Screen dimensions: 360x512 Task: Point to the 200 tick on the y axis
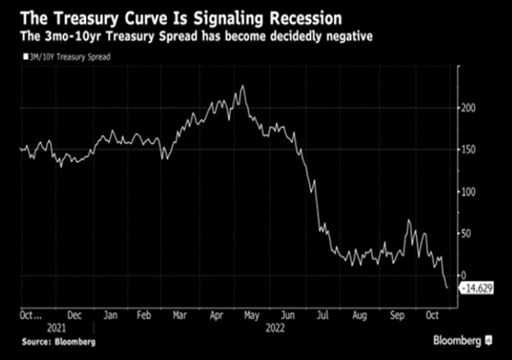[469, 107]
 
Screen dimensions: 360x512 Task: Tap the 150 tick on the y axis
[469, 149]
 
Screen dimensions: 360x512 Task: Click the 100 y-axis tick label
[469, 192]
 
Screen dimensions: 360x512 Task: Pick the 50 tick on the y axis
[466, 234]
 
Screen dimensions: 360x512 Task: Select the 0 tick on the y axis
[464, 276]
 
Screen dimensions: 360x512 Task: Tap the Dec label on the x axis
[74, 314]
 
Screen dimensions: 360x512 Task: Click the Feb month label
[143, 314]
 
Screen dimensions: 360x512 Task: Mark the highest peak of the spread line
[243, 85]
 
